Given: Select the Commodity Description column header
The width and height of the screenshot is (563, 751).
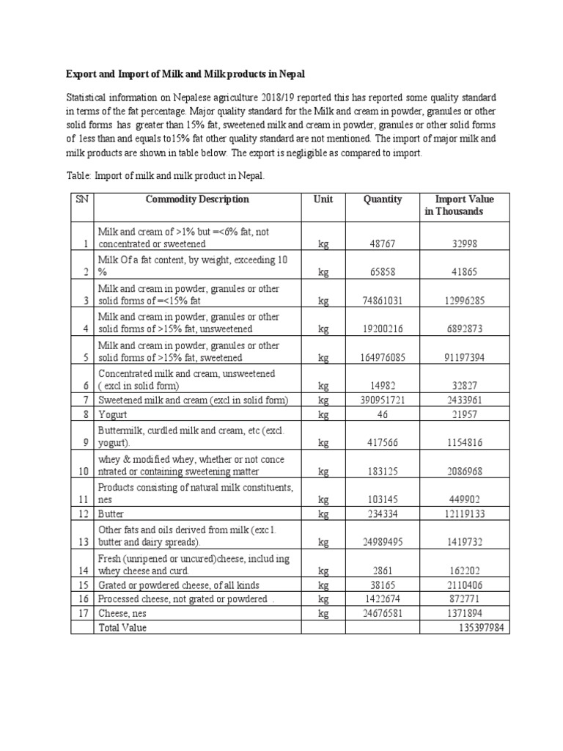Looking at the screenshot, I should point(197,199).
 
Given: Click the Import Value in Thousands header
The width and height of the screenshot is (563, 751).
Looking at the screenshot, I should point(464,205).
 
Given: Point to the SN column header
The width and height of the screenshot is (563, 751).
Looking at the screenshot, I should point(80,199).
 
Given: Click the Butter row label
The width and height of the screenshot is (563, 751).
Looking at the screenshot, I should point(111,514).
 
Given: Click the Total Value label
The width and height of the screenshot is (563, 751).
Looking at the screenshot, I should point(122,628).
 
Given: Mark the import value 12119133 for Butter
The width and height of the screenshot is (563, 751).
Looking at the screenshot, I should point(465,514).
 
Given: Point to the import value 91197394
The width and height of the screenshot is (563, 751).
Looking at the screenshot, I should point(465,357).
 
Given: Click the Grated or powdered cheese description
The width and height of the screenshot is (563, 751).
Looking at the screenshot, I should point(178,585).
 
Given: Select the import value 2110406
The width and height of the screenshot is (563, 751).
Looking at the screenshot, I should point(465,585).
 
